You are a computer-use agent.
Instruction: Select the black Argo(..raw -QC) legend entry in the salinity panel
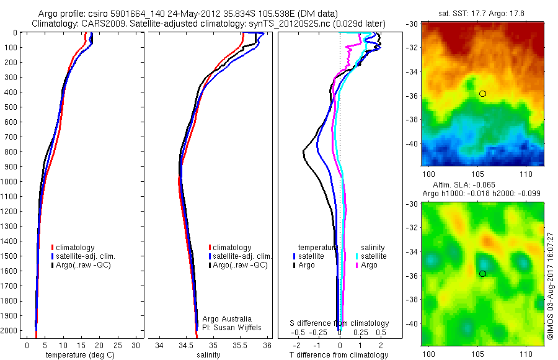click(x=240, y=265)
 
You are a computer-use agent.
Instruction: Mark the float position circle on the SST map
click(x=482, y=94)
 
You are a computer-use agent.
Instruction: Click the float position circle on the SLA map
click(x=482, y=274)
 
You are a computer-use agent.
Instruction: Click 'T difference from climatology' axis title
click(x=339, y=355)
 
